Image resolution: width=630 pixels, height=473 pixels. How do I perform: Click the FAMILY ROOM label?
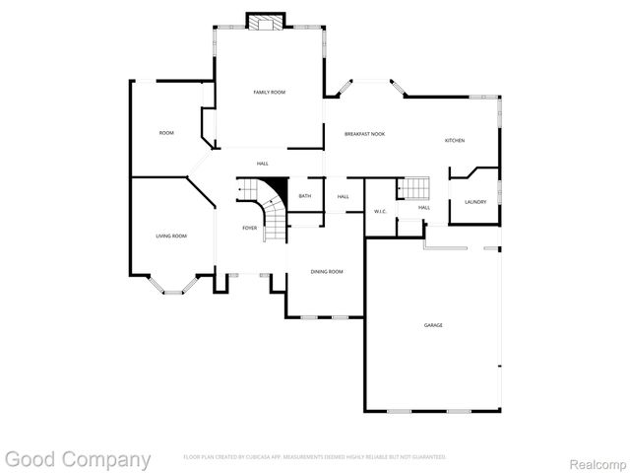click(x=269, y=93)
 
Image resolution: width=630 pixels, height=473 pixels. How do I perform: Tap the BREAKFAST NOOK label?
click(x=364, y=134)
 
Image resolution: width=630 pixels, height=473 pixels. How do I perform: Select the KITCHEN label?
click(x=454, y=141)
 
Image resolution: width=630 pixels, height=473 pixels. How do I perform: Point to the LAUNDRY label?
click(x=475, y=202)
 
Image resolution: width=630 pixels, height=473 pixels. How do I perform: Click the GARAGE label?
click(x=433, y=324)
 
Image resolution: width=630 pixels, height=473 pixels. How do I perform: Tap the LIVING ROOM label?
click(x=171, y=236)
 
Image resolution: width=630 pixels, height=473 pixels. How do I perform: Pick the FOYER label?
click(x=250, y=228)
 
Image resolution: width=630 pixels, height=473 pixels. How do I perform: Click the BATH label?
click(x=305, y=196)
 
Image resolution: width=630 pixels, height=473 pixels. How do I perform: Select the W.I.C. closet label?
click(x=380, y=211)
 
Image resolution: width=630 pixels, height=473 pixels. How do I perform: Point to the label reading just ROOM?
click(x=166, y=133)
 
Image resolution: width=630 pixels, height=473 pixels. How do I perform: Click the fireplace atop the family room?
click(x=265, y=23)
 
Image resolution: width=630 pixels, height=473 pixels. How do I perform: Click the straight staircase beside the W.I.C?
click(x=414, y=188)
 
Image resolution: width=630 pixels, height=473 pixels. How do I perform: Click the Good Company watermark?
click(x=78, y=459)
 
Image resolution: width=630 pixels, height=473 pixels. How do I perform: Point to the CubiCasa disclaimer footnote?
click(x=315, y=457)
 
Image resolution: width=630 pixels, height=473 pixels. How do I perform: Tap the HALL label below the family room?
click(x=262, y=164)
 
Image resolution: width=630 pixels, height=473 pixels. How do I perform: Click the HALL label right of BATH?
click(x=343, y=197)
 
